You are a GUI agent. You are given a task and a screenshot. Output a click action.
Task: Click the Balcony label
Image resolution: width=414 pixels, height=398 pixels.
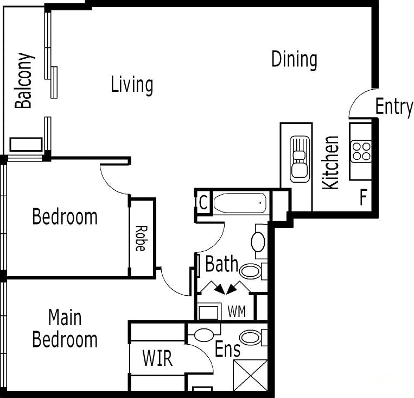click(24, 80)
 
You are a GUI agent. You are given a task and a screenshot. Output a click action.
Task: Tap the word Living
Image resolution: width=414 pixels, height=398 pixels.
click(132, 84)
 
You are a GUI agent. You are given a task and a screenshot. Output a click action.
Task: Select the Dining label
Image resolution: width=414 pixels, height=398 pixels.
click(295, 59)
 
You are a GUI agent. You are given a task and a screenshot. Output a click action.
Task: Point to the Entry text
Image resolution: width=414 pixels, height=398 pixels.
click(394, 107)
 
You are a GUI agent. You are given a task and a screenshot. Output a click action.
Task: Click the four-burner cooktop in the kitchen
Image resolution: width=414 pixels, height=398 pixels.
click(361, 151)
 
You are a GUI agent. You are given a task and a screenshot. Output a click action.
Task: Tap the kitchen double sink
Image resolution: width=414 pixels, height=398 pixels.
click(300, 159)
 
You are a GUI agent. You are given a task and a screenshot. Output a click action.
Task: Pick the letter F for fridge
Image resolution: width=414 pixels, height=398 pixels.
click(364, 197)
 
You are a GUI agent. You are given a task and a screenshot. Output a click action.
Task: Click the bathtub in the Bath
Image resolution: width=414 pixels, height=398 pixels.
click(240, 203)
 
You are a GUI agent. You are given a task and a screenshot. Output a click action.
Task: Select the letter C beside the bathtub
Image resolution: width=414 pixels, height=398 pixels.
click(203, 203)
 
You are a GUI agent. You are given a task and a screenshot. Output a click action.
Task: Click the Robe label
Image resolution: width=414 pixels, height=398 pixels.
click(141, 239)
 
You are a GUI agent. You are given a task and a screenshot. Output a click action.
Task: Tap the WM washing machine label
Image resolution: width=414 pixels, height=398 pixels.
click(237, 312)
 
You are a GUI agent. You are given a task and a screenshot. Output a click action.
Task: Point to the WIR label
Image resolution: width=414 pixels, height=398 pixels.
click(158, 358)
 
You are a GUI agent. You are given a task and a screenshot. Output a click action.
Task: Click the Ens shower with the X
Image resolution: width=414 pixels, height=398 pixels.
click(251, 375)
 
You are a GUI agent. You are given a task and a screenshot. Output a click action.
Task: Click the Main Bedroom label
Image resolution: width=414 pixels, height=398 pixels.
click(65, 328)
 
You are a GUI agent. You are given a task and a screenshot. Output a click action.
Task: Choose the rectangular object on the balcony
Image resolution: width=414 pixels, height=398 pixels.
click(26, 145)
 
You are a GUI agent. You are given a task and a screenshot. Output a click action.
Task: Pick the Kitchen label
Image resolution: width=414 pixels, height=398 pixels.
click(330, 163)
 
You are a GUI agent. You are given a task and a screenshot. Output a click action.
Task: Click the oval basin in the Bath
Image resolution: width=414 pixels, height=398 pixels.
click(258, 242)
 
